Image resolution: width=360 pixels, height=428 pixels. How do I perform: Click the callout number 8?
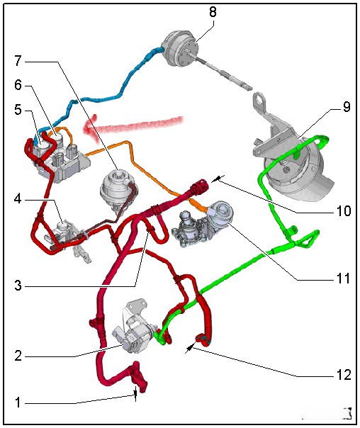pyautogui.click(x=213, y=12)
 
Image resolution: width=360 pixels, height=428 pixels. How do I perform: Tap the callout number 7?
pyautogui.click(x=18, y=61)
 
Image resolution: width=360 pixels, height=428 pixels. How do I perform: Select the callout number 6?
pyautogui.click(x=18, y=85)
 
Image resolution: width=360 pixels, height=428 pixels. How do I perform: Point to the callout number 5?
pyautogui.click(x=18, y=110)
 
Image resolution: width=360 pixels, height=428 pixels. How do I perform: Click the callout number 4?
pyautogui.click(x=18, y=199)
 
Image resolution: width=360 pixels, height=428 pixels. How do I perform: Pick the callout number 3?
pyautogui.click(x=18, y=286)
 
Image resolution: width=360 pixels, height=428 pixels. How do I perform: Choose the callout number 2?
pyautogui.click(x=18, y=356)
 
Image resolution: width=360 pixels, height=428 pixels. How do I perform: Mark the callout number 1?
pyautogui.click(x=18, y=402)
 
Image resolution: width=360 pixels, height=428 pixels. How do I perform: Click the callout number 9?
pyautogui.click(x=347, y=107)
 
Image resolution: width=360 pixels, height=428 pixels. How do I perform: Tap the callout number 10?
pyautogui.click(x=344, y=211)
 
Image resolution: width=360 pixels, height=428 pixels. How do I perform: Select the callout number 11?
pyautogui.click(x=344, y=278)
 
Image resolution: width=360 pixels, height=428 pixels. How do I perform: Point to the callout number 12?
pyautogui.click(x=344, y=375)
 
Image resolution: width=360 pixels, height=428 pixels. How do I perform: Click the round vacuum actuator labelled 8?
pyautogui.click(x=179, y=49)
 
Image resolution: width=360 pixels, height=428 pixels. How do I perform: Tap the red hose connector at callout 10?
pyautogui.click(x=199, y=187)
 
